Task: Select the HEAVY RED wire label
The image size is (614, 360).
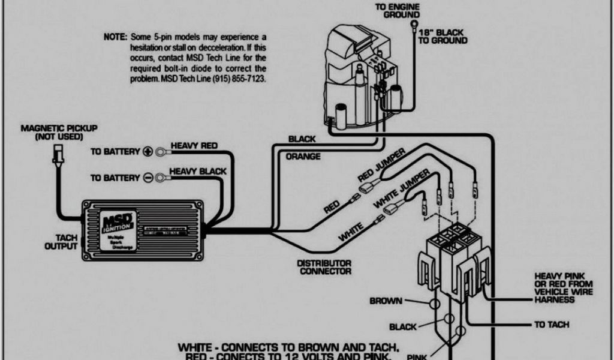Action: coord(194,146)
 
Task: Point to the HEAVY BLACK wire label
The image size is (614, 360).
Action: coord(198,172)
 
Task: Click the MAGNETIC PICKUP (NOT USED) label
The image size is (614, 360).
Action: coord(59,133)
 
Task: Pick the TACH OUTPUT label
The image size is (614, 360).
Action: coord(62,242)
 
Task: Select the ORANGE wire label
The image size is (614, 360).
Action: coord(303,157)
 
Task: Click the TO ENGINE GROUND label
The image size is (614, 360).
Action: coord(398,11)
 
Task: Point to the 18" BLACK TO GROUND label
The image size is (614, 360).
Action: coord(443,36)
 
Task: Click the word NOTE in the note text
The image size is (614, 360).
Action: coord(115,37)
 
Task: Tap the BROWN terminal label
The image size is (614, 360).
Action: coord(386,301)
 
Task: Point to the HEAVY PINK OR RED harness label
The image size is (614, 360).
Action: coord(563,287)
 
